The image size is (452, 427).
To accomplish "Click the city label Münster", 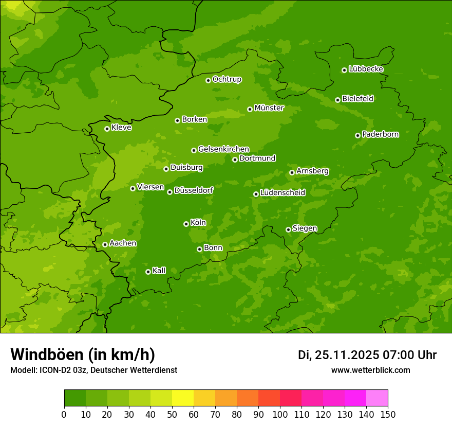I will coord(269,108).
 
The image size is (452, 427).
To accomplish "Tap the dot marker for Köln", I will coord(186,224).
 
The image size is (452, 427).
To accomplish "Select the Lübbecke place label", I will coord(366,69).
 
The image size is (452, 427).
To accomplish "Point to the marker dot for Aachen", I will coord(105,244).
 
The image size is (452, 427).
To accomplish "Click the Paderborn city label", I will coord(380,134).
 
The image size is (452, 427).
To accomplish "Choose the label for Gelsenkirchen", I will coord(223,149).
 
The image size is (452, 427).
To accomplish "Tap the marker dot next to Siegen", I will coord(288,229).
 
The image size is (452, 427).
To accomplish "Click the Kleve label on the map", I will coord(121,128).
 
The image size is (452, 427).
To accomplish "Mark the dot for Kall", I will coord(148,272).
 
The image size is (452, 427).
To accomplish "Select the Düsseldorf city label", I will coord(194,190).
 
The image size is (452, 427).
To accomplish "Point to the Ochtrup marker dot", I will coord(208,80).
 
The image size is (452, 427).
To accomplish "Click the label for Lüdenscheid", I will coord(282,193).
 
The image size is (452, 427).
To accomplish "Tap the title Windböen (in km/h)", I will coord(83,354).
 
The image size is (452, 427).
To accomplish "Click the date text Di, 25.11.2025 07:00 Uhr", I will coord(367,355).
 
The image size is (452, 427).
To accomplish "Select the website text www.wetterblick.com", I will coord(370,370).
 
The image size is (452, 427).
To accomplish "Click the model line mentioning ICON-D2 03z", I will coord(93,370).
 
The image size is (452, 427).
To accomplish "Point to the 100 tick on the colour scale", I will coord(280,414).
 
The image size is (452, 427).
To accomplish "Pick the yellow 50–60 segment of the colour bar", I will coord(183,398).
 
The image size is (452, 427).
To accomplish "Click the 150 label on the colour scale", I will coord(388,414).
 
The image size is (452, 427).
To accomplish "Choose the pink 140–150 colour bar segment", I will coord(377,398).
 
